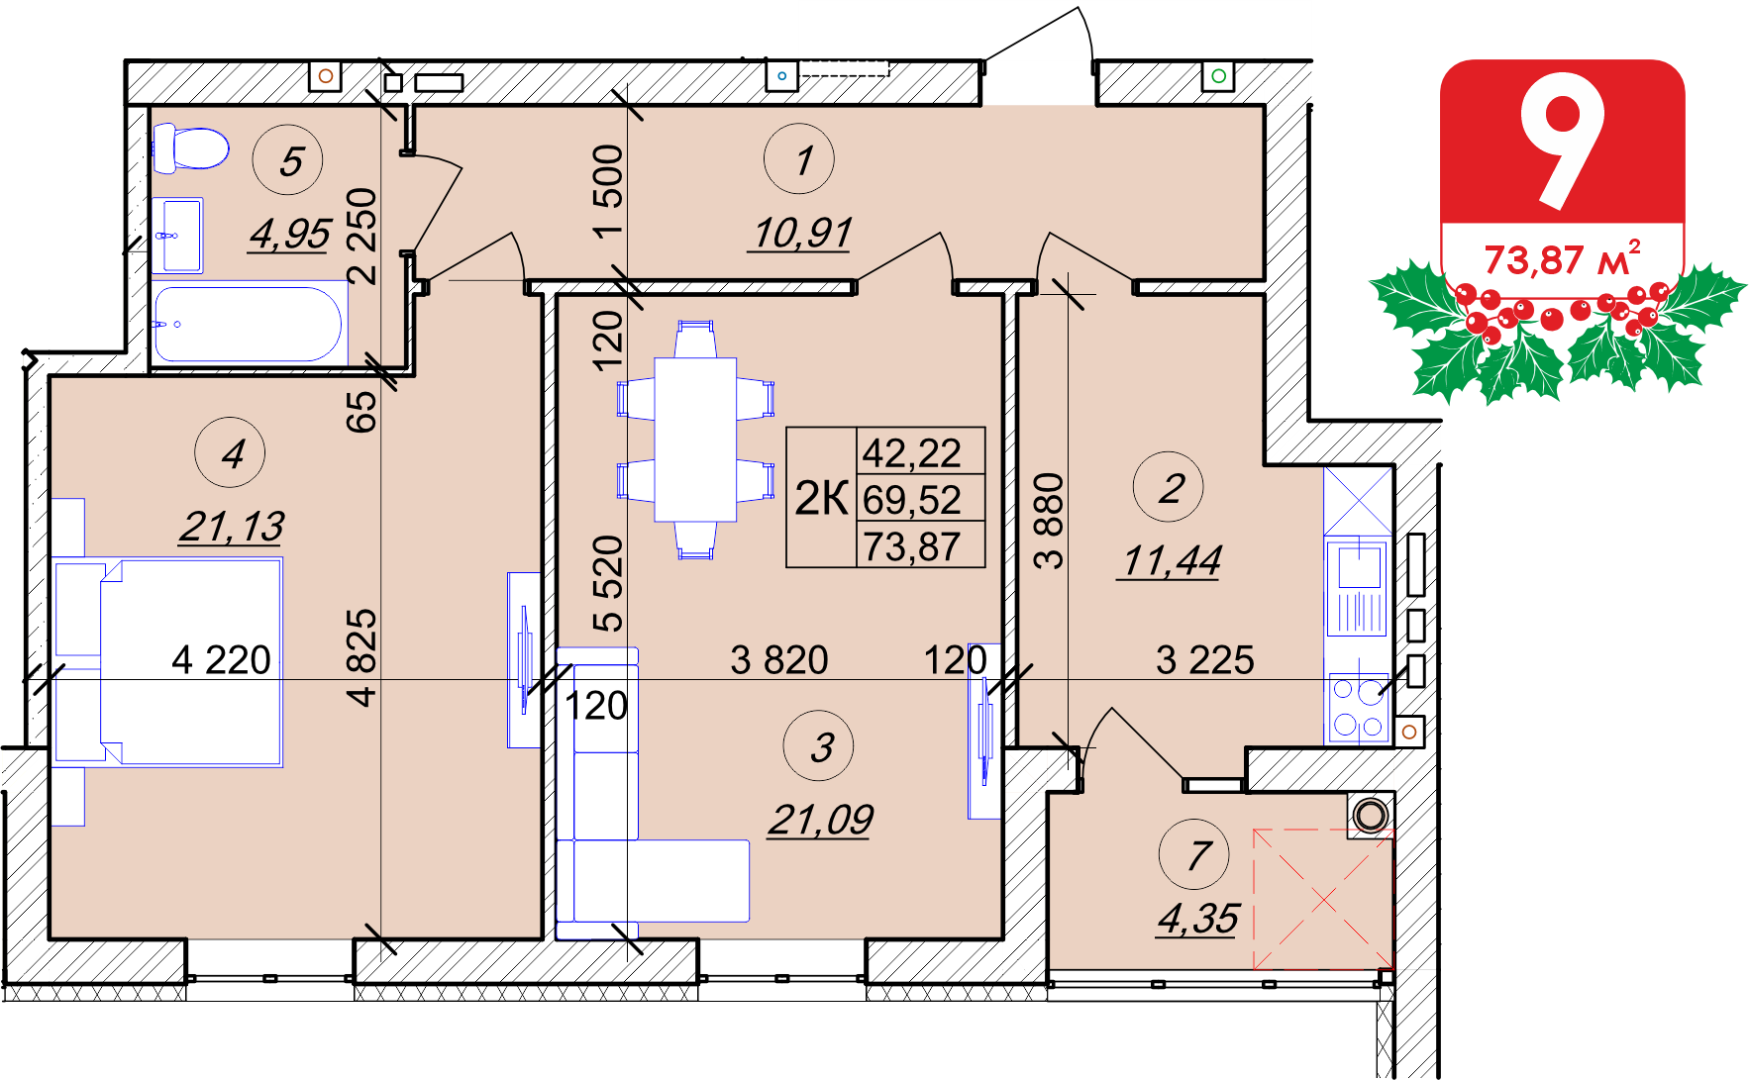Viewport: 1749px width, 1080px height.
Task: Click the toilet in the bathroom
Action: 190,148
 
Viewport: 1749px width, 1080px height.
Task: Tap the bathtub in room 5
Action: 249,324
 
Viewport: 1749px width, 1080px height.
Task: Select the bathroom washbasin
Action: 178,236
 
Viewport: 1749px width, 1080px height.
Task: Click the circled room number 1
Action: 799,159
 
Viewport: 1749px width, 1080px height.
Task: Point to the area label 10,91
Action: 801,234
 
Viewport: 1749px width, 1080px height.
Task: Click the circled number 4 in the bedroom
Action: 230,453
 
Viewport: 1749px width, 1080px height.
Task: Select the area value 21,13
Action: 232,527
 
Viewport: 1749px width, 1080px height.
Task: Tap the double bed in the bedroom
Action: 168,662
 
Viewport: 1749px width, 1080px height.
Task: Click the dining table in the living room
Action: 695,440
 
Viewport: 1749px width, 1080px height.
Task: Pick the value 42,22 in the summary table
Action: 912,453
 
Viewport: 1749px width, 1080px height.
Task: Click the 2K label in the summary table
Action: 821,498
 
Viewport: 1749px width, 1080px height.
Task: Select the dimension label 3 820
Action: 779,660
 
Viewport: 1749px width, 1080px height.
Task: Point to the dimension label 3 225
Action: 1205,660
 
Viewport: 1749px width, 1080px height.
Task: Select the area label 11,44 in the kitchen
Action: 1171,561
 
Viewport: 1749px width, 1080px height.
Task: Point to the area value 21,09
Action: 821,820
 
